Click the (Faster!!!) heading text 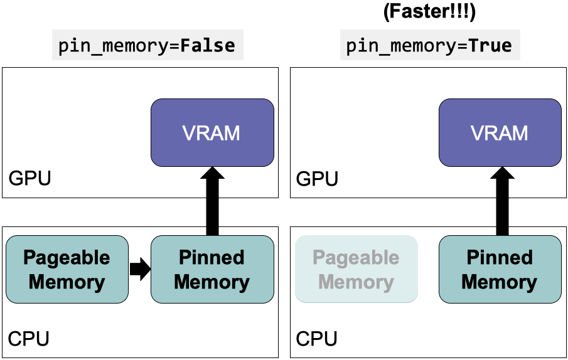[x=431, y=13]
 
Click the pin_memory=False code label [x=147, y=46]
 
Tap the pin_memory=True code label [x=429, y=46]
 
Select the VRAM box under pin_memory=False [x=212, y=132]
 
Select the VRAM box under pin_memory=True [x=500, y=132]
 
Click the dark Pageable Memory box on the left [x=67, y=269]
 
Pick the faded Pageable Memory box [x=356, y=269]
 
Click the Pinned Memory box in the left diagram [x=212, y=269]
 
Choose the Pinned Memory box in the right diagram [x=500, y=269]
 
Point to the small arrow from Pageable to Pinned [x=140, y=269]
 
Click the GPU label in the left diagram [x=29, y=179]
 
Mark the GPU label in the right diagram [x=317, y=179]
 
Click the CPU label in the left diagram [x=29, y=339]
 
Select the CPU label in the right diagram [x=317, y=339]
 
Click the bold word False [x=208, y=46]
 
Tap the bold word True [x=491, y=46]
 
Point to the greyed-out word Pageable [x=356, y=258]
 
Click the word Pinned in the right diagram [x=500, y=258]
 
